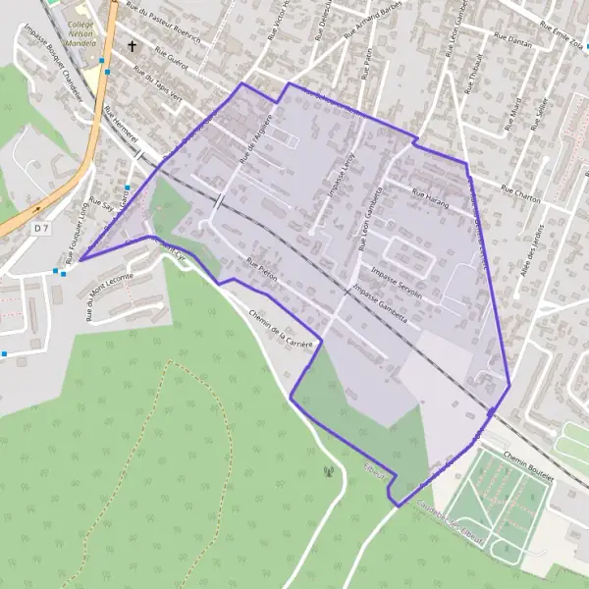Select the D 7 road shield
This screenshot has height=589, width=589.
(40, 228)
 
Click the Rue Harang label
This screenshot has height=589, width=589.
(429, 196)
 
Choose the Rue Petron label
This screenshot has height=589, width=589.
(263, 271)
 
